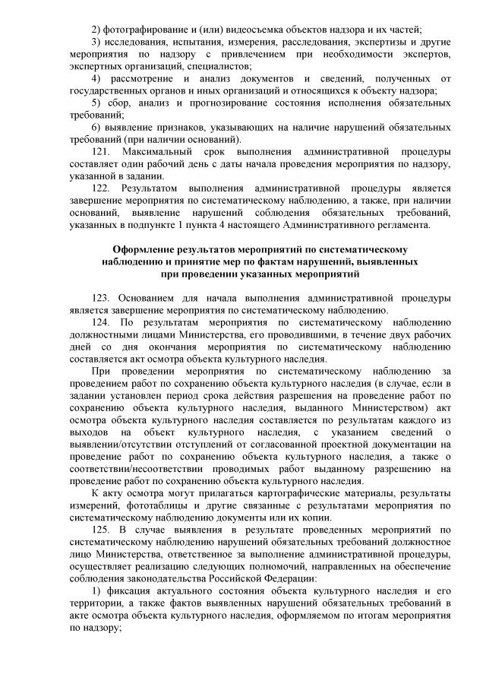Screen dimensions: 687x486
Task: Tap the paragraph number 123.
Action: [x=101, y=298]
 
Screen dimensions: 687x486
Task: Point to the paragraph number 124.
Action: [x=101, y=322]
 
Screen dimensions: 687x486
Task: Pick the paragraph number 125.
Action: [x=101, y=529]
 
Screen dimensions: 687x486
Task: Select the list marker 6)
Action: [x=95, y=128]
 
